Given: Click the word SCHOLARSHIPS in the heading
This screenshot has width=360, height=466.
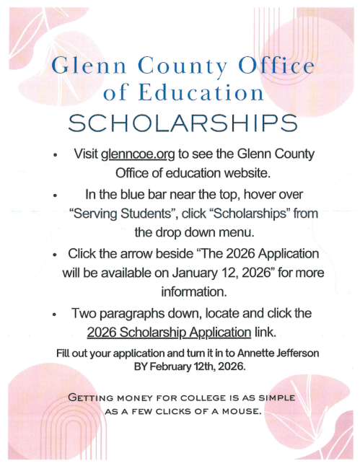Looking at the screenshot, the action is tap(180, 122).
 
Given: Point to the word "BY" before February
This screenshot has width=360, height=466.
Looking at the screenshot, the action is tap(143, 366).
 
